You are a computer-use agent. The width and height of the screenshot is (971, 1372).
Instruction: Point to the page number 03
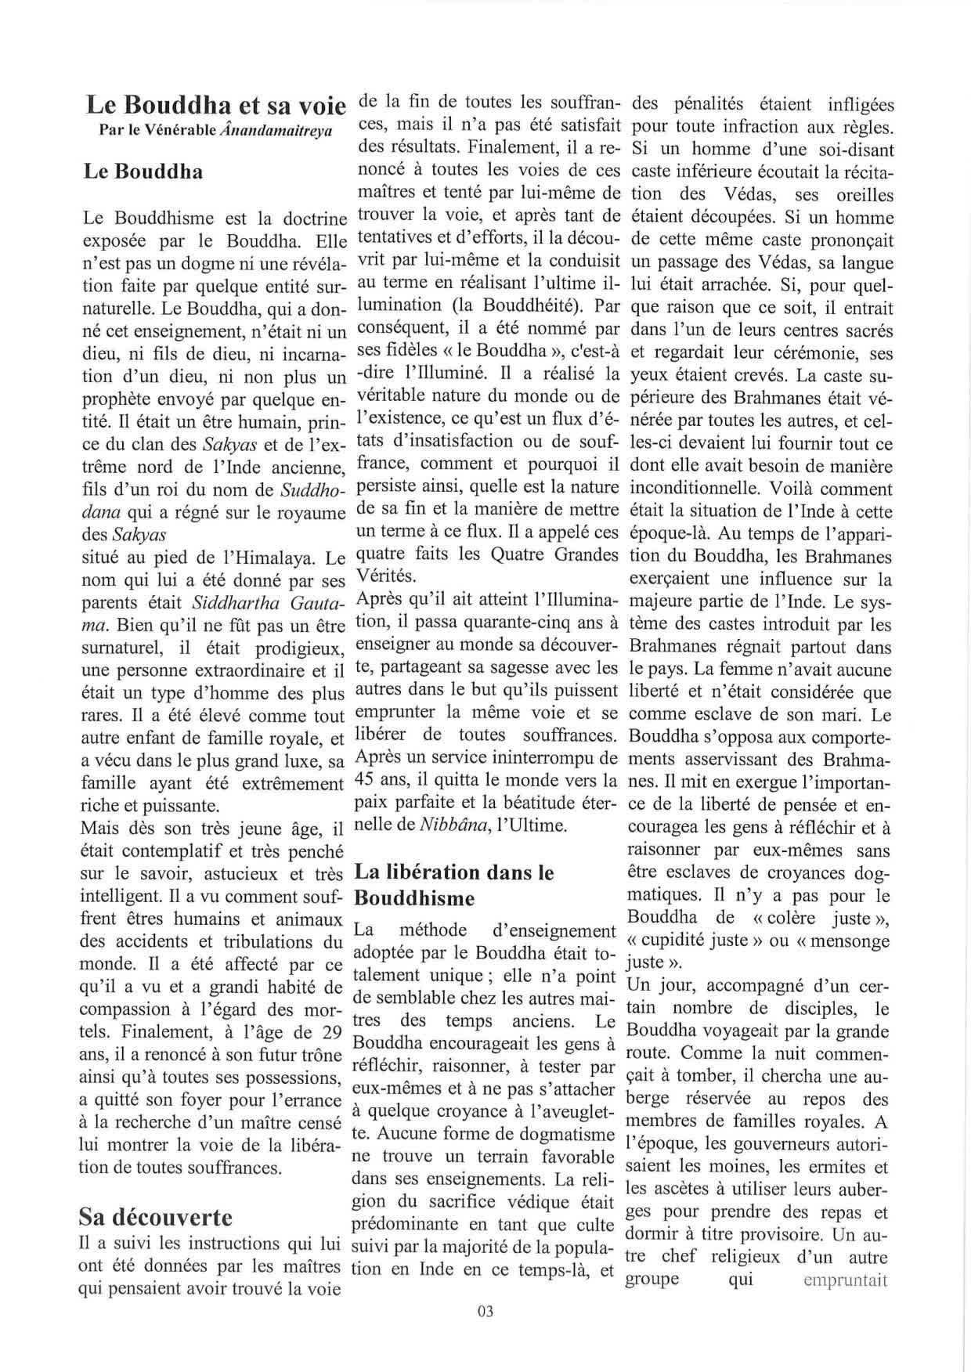point(485,1312)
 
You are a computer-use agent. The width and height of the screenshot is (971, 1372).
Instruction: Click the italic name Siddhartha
point(230,603)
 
